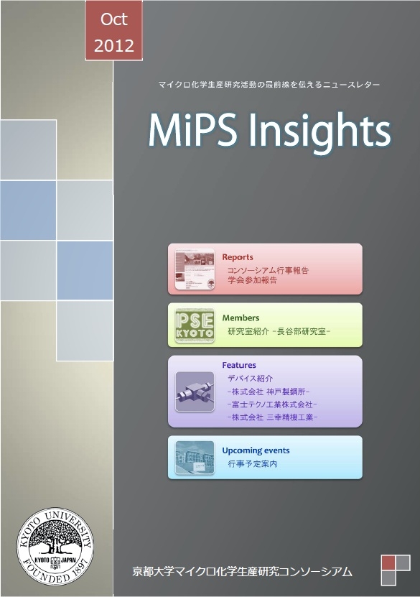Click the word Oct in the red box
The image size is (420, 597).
[x=113, y=19]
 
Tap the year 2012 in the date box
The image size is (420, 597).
[x=113, y=46]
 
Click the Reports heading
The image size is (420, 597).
[x=238, y=257]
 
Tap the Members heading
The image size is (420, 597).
[x=241, y=318]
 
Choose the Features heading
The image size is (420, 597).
[x=239, y=365]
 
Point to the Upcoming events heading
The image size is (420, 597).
[x=256, y=450]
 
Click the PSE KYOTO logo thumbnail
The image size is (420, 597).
[x=195, y=325]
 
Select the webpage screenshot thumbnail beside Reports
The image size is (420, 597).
[x=195, y=269]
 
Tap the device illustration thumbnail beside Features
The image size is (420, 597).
[x=195, y=392]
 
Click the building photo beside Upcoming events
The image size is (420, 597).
[x=195, y=458]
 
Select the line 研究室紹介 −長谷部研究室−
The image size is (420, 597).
[x=279, y=332]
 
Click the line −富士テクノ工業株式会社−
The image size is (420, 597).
[x=272, y=404]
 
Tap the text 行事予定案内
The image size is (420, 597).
[x=252, y=464]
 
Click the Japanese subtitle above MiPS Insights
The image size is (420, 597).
[x=269, y=85]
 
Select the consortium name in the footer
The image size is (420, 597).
[x=243, y=571]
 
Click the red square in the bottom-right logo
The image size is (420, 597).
[x=388, y=563]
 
